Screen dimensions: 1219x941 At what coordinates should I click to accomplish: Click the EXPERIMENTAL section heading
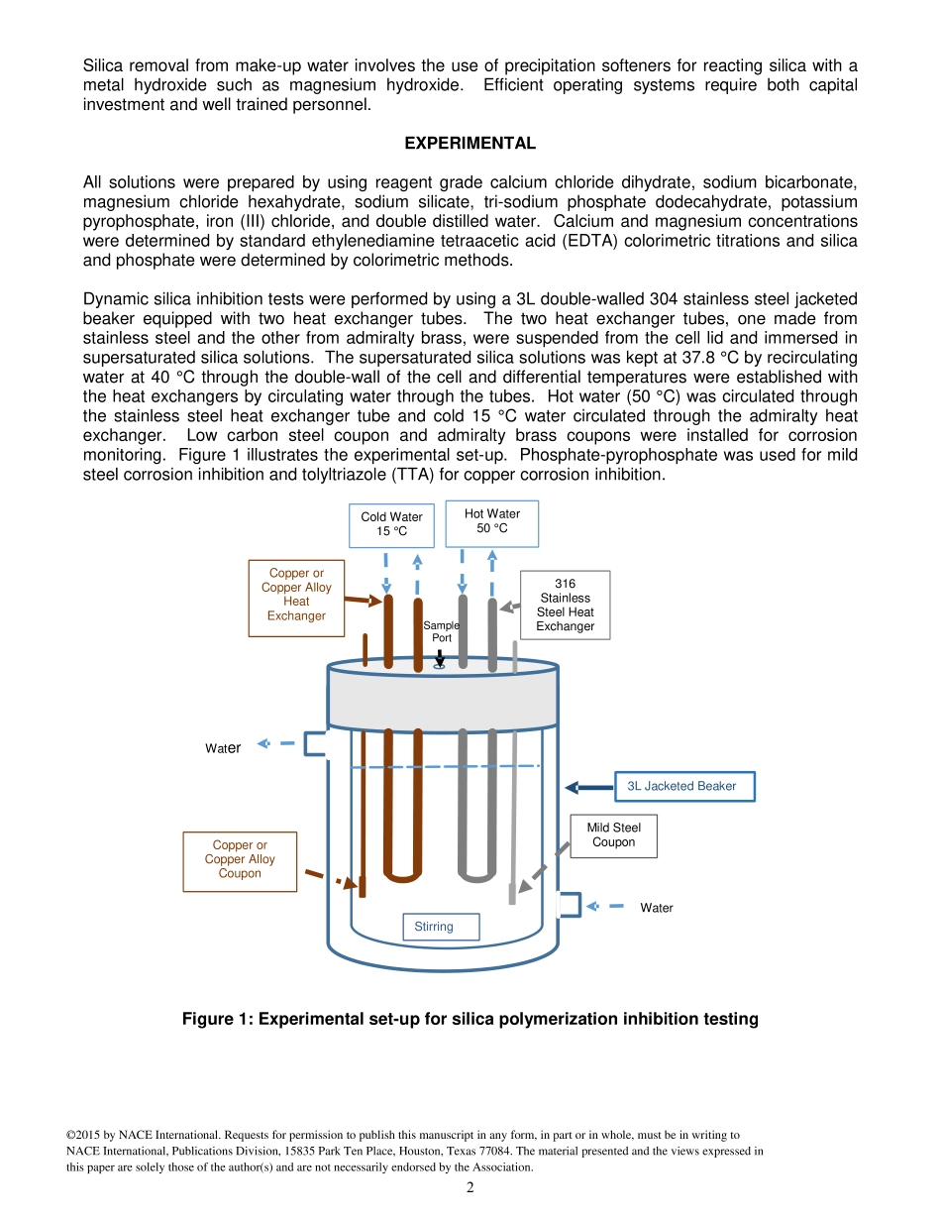point(470,144)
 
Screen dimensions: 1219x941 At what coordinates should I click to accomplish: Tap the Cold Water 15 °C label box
point(391,525)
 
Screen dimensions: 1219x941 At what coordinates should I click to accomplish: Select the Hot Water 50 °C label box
point(491,522)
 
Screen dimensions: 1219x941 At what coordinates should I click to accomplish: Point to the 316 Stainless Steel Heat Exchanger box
point(565,605)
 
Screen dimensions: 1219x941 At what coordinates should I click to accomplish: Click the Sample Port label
point(441,631)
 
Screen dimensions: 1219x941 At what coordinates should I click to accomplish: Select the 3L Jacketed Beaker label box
point(683,787)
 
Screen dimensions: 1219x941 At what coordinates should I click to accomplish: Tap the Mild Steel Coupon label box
point(613,835)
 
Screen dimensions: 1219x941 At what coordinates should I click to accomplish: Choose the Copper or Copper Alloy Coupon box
point(240,860)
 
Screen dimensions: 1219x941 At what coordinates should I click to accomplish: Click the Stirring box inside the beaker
point(440,927)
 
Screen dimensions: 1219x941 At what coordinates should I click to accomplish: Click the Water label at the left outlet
point(223,748)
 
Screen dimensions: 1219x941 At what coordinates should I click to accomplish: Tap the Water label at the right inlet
point(656,908)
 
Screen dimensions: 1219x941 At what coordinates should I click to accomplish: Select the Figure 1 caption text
point(470,1019)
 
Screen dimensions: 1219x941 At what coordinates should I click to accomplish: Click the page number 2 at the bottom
point(470,1188)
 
